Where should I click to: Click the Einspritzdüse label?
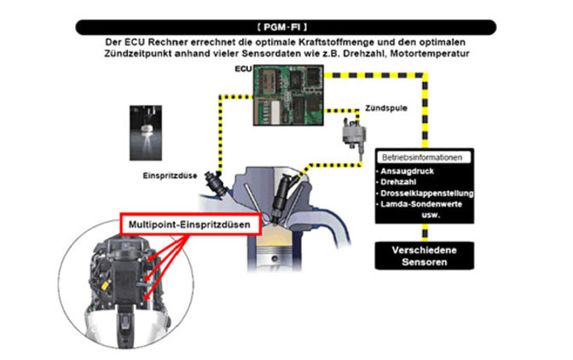170,176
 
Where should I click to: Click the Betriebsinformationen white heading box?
424,158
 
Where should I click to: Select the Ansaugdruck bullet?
408,170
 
